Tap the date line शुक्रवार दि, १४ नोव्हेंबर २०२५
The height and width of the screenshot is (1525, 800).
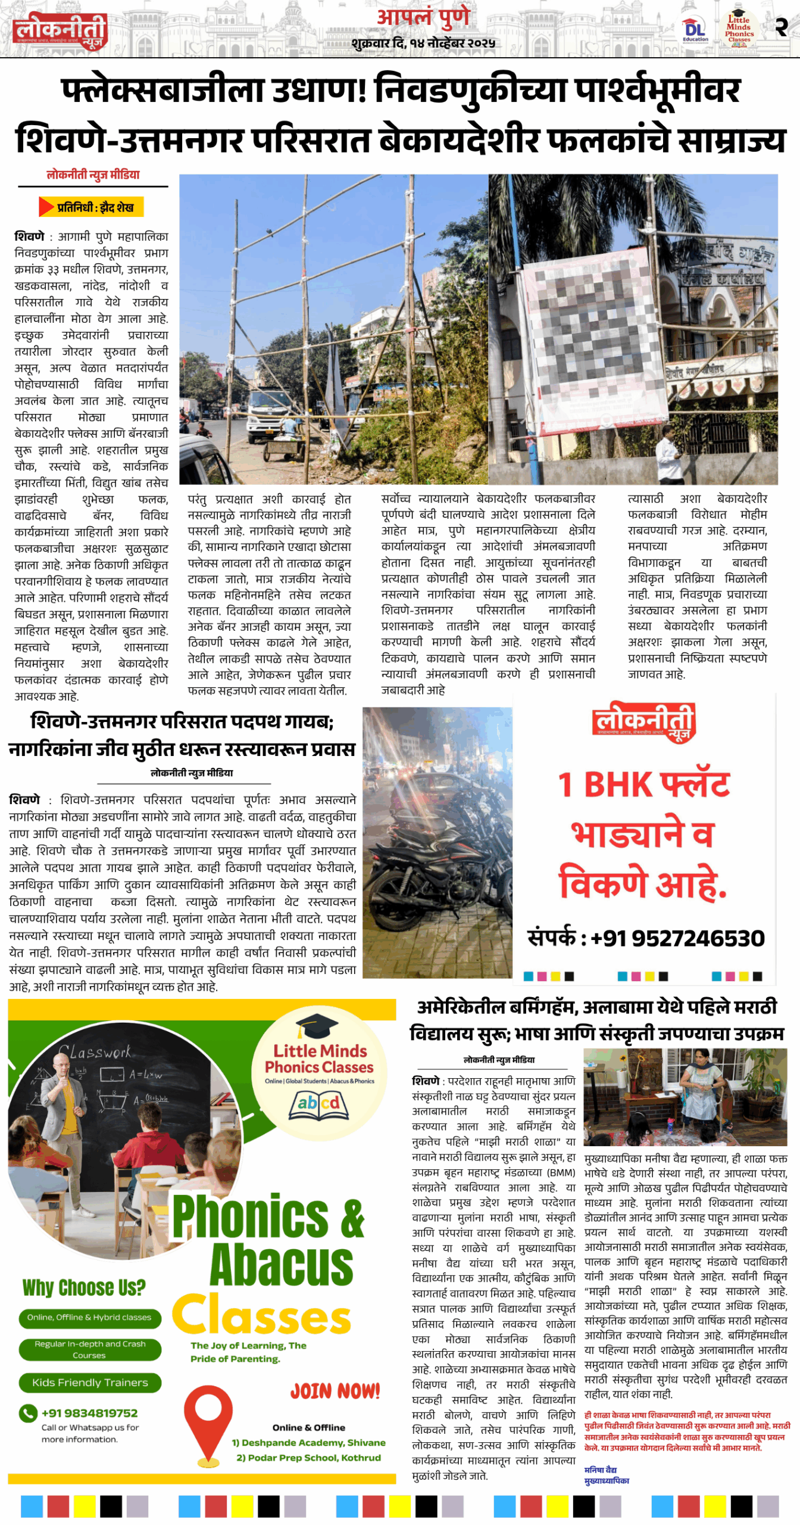(423, 43)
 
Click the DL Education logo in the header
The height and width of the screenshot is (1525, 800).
(695, 30)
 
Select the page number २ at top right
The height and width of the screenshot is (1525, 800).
(781, 27)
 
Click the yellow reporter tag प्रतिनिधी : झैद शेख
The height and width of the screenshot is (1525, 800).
(92, 207)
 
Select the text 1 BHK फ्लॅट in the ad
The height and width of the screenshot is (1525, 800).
(643, 785)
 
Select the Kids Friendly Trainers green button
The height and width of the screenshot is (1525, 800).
(90, 1382)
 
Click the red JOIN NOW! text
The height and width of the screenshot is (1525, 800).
(335, 1391)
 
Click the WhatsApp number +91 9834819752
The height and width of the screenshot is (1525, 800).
(89, 1412)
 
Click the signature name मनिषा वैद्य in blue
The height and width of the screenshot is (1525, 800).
(600, 1470)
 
